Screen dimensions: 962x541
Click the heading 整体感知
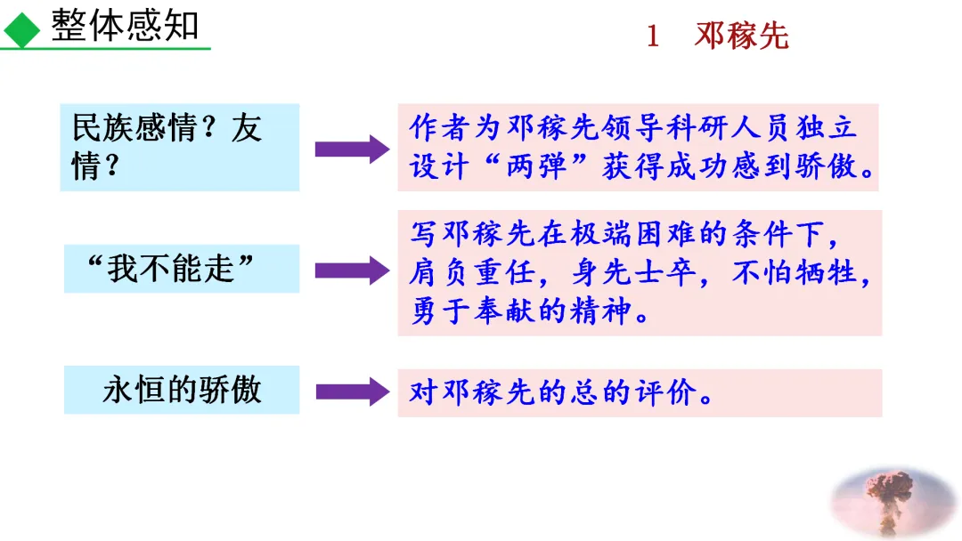click(x=125, y=26)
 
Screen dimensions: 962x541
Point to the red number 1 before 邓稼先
click(x=653, y=37)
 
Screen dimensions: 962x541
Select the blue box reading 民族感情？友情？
click(x=179, y=147)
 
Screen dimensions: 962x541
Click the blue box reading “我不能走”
click(x=181, y=268)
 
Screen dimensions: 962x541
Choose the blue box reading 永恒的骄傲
click(x=181, y=390)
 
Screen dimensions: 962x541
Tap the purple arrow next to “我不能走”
click(x=350, y=269)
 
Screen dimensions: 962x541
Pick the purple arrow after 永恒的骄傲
click(x=350, y=391)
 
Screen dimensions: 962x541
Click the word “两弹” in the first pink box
click(x=536, y=166)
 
